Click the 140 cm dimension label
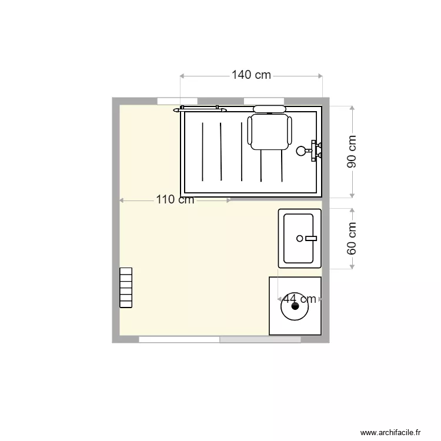tap(251, 75)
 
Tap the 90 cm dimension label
tap(352, 152)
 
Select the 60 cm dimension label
tap(352, 238)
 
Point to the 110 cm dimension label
tap(175, 200)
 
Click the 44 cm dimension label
tap(299, 299)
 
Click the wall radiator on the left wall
tap(125, 288)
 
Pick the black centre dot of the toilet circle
tap(295, 306)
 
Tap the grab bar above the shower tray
tap(200, 109)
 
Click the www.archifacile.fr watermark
tap(391, 432)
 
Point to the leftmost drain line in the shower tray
tap(203, 151)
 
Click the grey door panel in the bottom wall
tap(260, 340)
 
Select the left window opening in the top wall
tap(169, 101)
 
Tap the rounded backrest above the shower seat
tap(269, 109)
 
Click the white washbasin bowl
tap(299, 238)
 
